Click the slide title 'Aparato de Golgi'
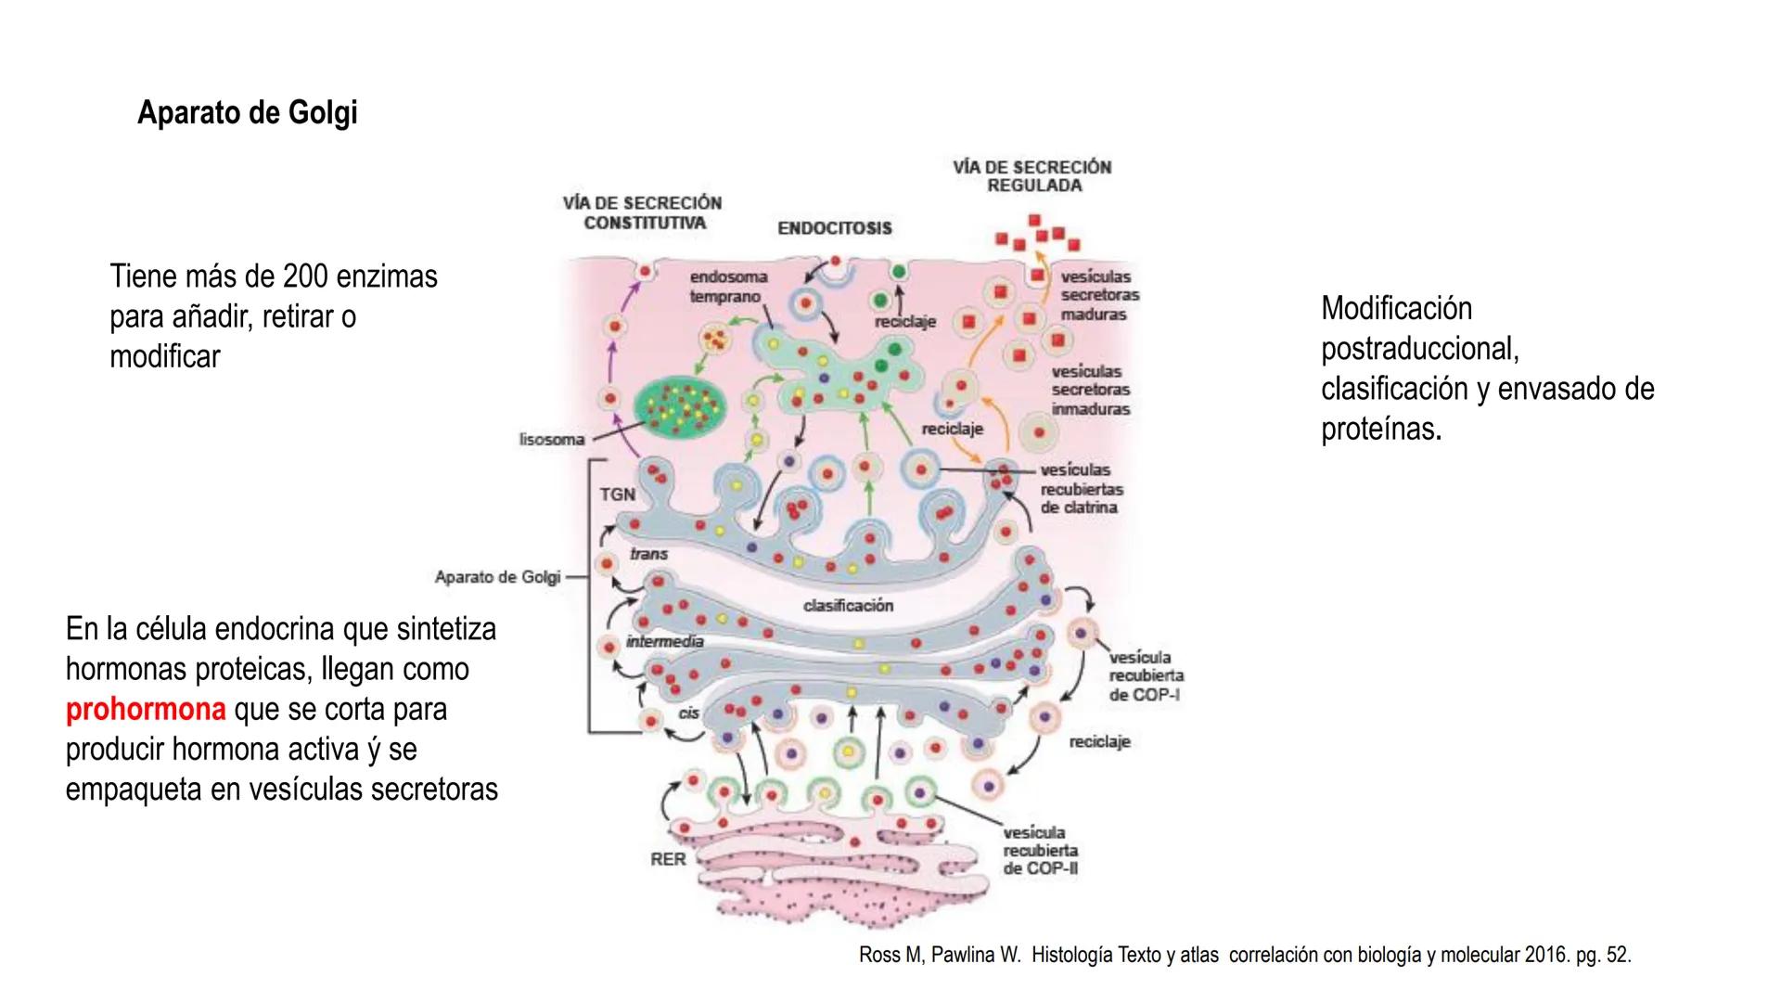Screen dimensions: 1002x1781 247,113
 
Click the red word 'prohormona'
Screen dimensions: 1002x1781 146,710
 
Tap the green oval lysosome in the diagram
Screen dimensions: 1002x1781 680,405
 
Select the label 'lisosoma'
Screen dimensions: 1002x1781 551,439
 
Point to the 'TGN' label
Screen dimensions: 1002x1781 617,495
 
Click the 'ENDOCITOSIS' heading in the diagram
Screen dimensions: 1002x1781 834,228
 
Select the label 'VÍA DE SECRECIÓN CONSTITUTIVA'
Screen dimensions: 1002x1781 643,212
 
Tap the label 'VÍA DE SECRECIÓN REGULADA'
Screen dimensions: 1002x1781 1032,176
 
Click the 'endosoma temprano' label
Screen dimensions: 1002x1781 727,287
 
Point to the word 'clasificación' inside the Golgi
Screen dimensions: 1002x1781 848,606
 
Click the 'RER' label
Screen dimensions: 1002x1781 668,859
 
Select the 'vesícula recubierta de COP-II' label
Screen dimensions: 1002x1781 1040,851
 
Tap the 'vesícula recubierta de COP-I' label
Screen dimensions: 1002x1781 1146,676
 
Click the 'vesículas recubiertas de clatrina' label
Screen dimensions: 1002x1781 1081,489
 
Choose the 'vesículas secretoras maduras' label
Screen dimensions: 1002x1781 1099,295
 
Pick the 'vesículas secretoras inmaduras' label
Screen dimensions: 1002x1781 1090,390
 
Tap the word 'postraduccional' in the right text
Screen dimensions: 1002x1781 1419,349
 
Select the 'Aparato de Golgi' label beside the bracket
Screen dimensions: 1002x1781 497,577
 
